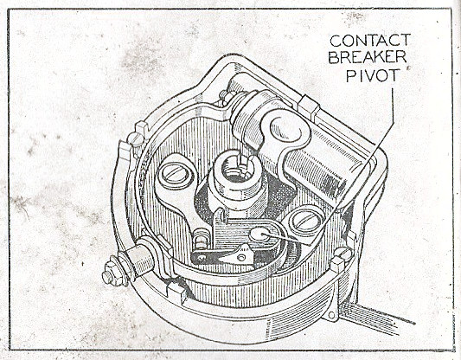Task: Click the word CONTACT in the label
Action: [x=370, y=41]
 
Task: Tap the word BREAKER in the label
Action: [x=368, y=57]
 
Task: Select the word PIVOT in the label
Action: [x=373, y=75]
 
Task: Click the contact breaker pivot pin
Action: [x=259, y=235]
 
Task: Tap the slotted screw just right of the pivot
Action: [x=306, y=220]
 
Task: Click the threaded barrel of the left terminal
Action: [x=140, y=260]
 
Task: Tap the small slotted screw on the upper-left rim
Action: [x=136, y=139]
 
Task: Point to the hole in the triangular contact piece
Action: [x=241, y=258]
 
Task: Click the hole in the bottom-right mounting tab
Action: [x=331, y=315]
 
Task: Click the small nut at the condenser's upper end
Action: [x=227, y=98]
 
